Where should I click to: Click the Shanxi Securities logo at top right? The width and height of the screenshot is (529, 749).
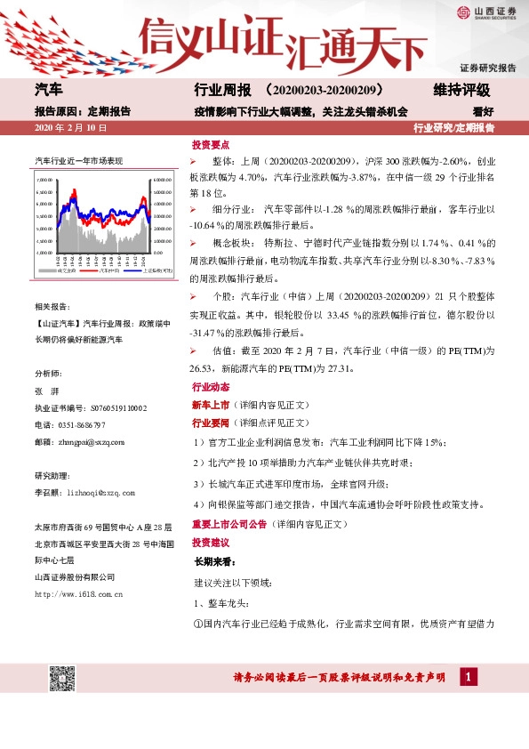(x=485, y=12)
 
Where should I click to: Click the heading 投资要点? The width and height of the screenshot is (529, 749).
(x=211, y=144)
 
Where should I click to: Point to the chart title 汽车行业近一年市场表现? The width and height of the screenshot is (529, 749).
(x=78, y=160)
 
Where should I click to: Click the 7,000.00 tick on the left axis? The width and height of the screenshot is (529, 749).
(x=43, y=179)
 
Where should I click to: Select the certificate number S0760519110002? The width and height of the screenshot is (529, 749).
(x=121, y=407)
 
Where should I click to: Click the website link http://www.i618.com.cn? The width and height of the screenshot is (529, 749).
(x=77, y=592)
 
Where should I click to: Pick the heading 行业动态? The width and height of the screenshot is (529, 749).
(x=211, y=388)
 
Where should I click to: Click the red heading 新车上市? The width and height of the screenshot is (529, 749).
(x=211, y=405)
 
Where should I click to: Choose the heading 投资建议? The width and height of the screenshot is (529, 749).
(x=211, y=542)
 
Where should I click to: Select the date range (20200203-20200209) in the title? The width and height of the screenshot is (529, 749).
(x=324, y=91)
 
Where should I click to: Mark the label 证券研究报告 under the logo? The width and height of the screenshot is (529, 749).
(x=487, y=68)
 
